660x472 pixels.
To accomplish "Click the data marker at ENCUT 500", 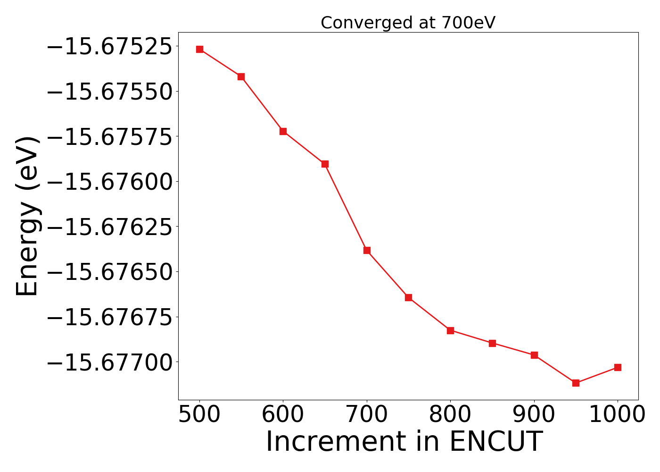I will [x=199, y=49].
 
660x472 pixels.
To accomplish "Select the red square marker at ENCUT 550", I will [x=241, y=76].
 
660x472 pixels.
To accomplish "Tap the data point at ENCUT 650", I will [x=325, y=164].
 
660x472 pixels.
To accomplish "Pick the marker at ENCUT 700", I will [x=367, y=250].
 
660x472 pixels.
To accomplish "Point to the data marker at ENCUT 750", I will [x=408, y=297].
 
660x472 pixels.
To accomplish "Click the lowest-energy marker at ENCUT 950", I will [x=576, y=383].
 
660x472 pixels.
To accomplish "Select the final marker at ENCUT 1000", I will [x=618, y=367].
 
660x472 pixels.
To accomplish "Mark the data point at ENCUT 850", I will [x=492, y=343].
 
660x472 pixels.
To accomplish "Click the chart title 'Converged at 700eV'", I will [x=408, y=23].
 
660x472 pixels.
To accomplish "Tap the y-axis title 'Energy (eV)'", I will [x=27, y=216].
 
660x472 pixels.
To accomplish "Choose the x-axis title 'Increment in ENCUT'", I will [x=404, y=442].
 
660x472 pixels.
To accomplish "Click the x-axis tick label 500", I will [x=199, y=414].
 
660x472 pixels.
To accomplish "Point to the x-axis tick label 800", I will [x=450, y=414].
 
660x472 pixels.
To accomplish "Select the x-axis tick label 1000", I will [x=618, y=414].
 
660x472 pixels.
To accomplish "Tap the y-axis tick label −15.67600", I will [x=109, y=182].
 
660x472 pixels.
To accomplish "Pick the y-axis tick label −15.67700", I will [x=109, y=362].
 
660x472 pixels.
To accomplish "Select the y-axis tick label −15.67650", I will [x=109, y=272].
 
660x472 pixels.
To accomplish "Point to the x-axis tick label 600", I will [x=283, y=414].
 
